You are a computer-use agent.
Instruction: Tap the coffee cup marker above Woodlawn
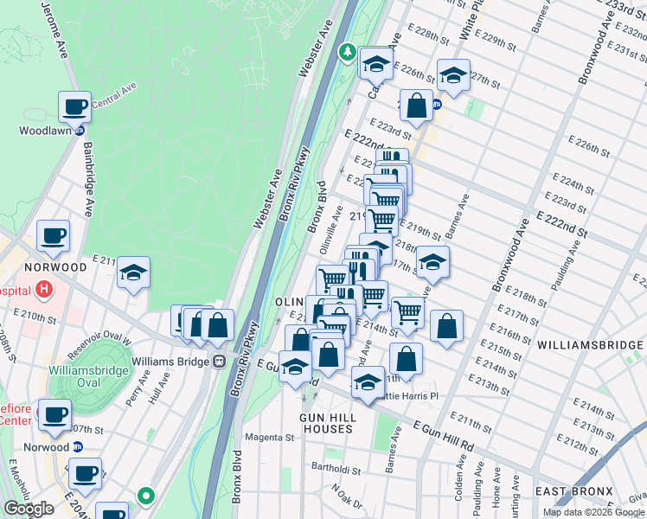[75, 107]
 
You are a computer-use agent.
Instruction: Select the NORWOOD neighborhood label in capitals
[55, 267]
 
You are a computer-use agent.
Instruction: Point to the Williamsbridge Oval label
[89, 376]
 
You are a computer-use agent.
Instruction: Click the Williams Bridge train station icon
[220, 361]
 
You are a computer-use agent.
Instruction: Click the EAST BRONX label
[573, 492]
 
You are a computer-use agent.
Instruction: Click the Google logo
[29, 509]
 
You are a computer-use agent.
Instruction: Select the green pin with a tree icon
[347, 52]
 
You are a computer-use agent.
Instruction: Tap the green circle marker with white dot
[146, 497]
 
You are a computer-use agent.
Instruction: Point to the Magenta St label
[269, 438]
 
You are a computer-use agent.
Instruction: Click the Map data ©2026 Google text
[592, 512]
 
